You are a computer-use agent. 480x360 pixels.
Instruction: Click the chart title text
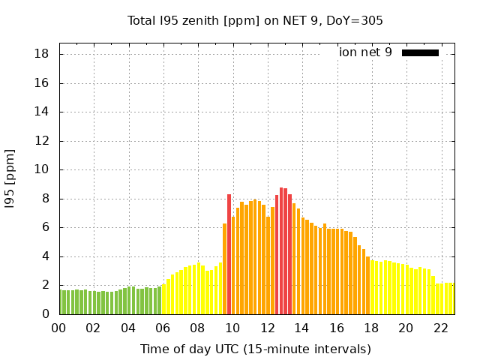click(255, 21)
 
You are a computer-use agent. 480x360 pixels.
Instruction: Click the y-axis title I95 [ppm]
click(10, 178)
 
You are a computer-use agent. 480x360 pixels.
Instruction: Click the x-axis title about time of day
click(255, 349)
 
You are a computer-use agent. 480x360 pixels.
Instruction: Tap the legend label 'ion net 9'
click(365, 52)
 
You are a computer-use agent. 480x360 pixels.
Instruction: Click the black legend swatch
click(420, 52)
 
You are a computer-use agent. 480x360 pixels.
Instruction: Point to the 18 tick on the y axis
click(42, 54)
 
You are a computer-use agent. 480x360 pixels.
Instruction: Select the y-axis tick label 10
click(42, 169)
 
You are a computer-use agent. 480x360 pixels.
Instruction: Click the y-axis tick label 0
click(46, 314)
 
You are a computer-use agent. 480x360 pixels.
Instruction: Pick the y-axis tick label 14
click(42, 112)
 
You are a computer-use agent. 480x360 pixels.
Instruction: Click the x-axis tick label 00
click(58, 328)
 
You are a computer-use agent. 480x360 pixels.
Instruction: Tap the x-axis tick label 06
click(163, 328)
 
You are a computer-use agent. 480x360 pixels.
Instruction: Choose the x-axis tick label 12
click(267, 328)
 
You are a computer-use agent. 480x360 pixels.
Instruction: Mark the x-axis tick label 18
click(370, 328)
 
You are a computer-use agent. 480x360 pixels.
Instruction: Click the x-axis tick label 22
click(440, 328)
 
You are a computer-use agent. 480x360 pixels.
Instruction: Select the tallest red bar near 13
click(281, 251)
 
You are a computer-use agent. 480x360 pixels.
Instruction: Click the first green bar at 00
click(61, 302)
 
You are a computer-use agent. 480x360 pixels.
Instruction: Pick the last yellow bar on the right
click(451, 298)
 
